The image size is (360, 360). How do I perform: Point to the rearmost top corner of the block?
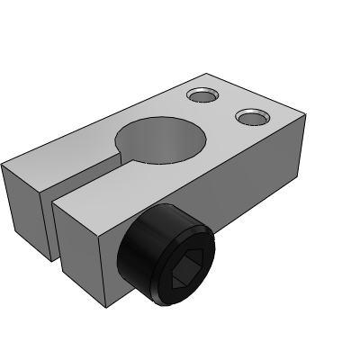(x=209, y=74)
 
